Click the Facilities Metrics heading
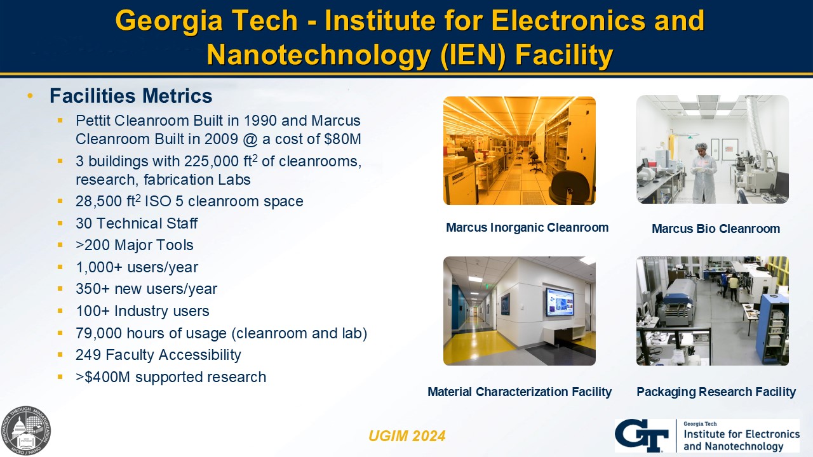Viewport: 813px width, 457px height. coord(131,96)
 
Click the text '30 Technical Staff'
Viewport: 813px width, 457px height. coord(137,223)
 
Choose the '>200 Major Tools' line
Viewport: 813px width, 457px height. coord(134,245)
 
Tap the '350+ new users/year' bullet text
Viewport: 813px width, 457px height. coord(146,289)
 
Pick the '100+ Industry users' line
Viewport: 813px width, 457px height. coord(142,311)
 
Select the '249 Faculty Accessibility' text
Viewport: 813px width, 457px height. coord(158,355)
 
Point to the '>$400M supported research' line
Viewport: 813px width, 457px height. coord(171,377)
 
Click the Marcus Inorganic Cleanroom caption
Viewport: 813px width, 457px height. coord(527,227)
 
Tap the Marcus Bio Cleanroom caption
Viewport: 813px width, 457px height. coord(716,228)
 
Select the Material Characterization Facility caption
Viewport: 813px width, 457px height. coord(520,392)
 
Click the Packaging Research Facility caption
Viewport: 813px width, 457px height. coord(716,392)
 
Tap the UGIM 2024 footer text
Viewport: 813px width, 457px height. coord(407,436)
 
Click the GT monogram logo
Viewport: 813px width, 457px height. coord(642,435)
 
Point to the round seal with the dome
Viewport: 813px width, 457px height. coord(25,431)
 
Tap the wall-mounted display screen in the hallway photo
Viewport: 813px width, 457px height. coord(560,301)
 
